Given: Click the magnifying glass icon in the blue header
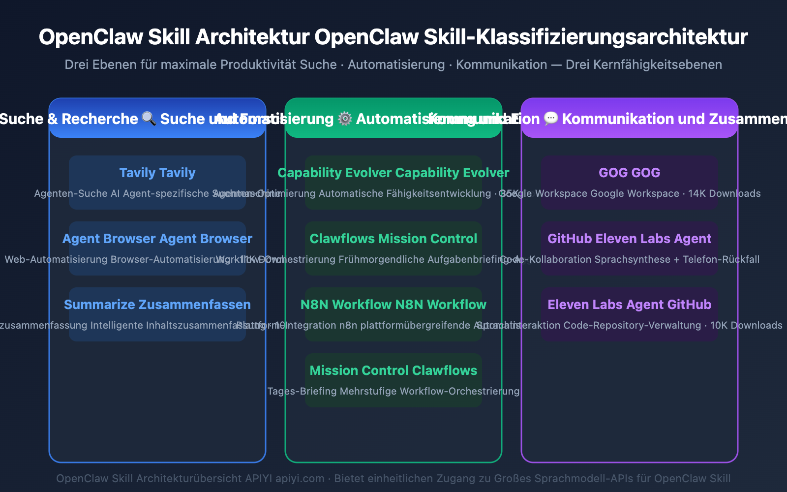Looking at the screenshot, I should point(149,119).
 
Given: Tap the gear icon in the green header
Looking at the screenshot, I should point(345,119).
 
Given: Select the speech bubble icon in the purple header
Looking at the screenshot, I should point(551,119).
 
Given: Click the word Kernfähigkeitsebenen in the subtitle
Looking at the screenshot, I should point(644,64).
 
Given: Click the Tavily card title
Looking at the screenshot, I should point(157,173).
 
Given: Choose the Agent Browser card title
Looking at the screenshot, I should point(157,239).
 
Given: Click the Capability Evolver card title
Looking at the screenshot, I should point(393,173).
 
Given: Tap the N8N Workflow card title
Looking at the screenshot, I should point(393,305).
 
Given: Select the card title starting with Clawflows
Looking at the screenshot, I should point(393,239).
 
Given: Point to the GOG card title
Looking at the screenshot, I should point(630,173).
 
